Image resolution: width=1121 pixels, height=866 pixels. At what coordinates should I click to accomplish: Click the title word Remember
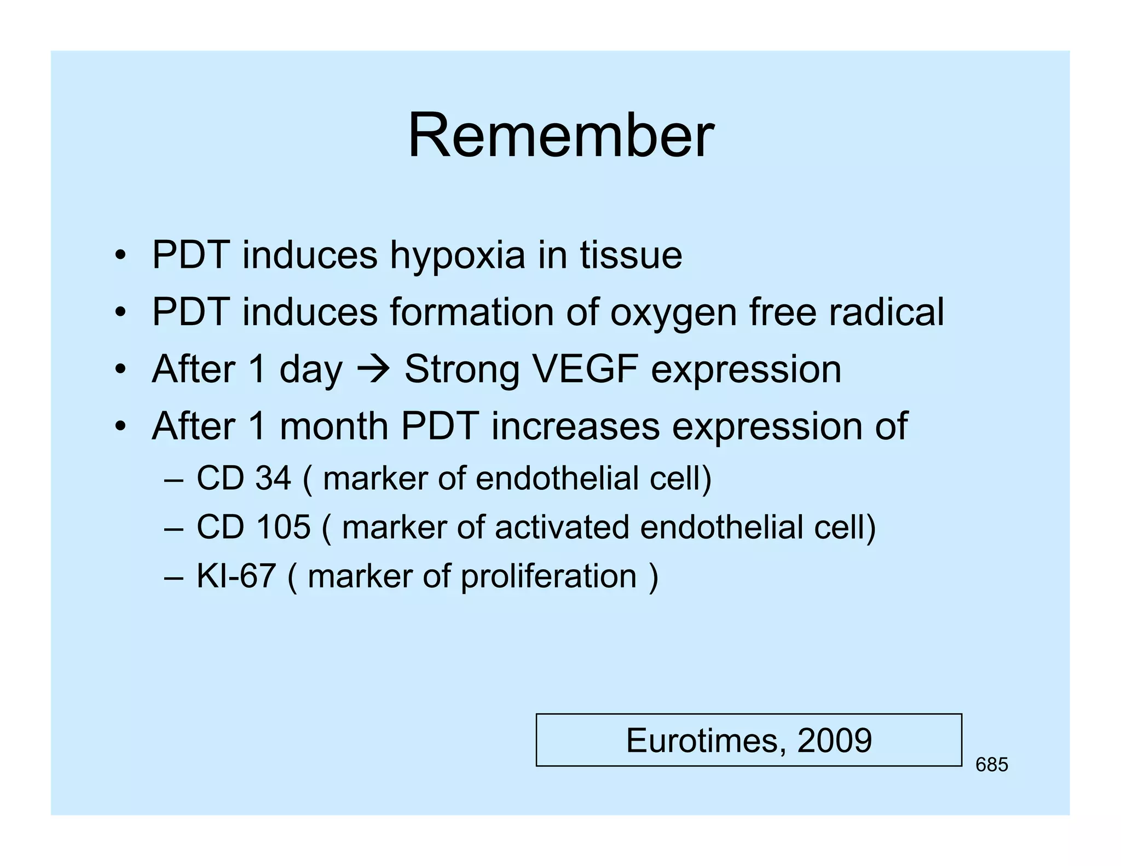560,135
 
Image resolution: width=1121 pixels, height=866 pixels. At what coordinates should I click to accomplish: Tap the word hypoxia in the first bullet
457,256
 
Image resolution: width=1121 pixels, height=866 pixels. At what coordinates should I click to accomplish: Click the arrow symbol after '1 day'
373,369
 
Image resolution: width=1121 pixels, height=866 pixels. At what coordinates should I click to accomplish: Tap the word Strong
461,369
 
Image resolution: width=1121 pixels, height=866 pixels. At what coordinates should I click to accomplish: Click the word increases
575,426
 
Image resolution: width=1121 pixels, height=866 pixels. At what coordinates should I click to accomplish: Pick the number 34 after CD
273,478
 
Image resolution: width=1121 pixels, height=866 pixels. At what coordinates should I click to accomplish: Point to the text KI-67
235,576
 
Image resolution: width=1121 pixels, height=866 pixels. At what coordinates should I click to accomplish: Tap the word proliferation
548,576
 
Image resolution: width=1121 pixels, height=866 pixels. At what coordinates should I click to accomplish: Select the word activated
562,527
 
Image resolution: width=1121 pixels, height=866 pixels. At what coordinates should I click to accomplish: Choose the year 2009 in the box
834,740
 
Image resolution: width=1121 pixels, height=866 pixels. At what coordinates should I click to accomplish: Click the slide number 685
991,765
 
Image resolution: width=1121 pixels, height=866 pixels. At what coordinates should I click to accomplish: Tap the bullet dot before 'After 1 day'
120,369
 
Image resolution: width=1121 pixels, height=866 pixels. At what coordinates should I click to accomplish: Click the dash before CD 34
173,479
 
